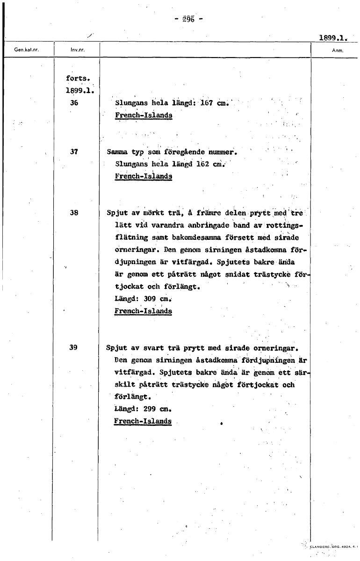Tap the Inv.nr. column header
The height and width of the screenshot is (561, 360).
click(76, 48)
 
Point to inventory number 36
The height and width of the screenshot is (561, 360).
click(74, 103)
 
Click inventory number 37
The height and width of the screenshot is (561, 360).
click(74, 152)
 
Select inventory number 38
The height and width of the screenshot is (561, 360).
click(74, 212)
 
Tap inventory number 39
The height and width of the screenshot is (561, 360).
click(74, 347)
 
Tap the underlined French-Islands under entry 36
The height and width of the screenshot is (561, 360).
click(143, 115)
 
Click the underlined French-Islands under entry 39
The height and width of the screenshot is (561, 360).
click(143, 421)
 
